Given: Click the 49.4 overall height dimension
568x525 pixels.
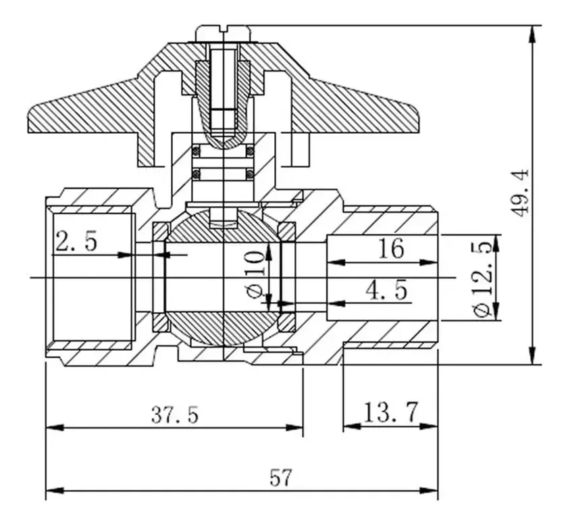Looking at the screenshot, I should [x=521, y=193].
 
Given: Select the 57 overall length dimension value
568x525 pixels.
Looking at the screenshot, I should [x=282, y=478].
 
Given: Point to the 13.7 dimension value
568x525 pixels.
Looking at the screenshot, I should [x=391, y=411].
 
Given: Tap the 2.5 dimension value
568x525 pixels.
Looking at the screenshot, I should [x=76, y=241].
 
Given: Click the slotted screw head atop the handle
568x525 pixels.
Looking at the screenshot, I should [x=223, y=32].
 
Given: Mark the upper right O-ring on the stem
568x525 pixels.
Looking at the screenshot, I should [x=250, y=149].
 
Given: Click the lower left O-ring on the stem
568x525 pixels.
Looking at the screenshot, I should [x=197, y=174].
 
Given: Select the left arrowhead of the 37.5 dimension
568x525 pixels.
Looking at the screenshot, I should [x=53, y=427].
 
